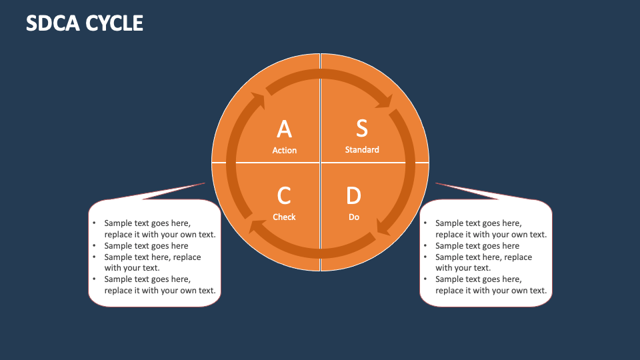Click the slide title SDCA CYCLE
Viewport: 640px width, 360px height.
click(85, 23)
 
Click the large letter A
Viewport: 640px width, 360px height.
click(284, 129)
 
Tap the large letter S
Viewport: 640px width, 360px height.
click(361, 127)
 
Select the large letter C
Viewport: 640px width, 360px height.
click(284, 196)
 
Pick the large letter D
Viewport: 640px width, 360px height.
click(353, 196)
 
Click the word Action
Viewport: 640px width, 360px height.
click(284, 151)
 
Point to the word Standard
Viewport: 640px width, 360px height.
click(362, 150)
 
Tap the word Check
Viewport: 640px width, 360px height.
click(284, 217)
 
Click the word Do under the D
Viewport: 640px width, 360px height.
click(354, 217)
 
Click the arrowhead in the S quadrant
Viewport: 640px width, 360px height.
click(385, 101)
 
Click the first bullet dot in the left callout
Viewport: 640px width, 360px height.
click(95, 223)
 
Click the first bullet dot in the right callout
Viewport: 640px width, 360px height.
click(426, 223)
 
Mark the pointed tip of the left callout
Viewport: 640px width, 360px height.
click(205, 183)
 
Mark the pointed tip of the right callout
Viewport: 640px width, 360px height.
click(436, 183)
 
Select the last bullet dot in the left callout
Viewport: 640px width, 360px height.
click(95, 279)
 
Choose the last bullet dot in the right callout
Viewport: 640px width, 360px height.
click(426, 279)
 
